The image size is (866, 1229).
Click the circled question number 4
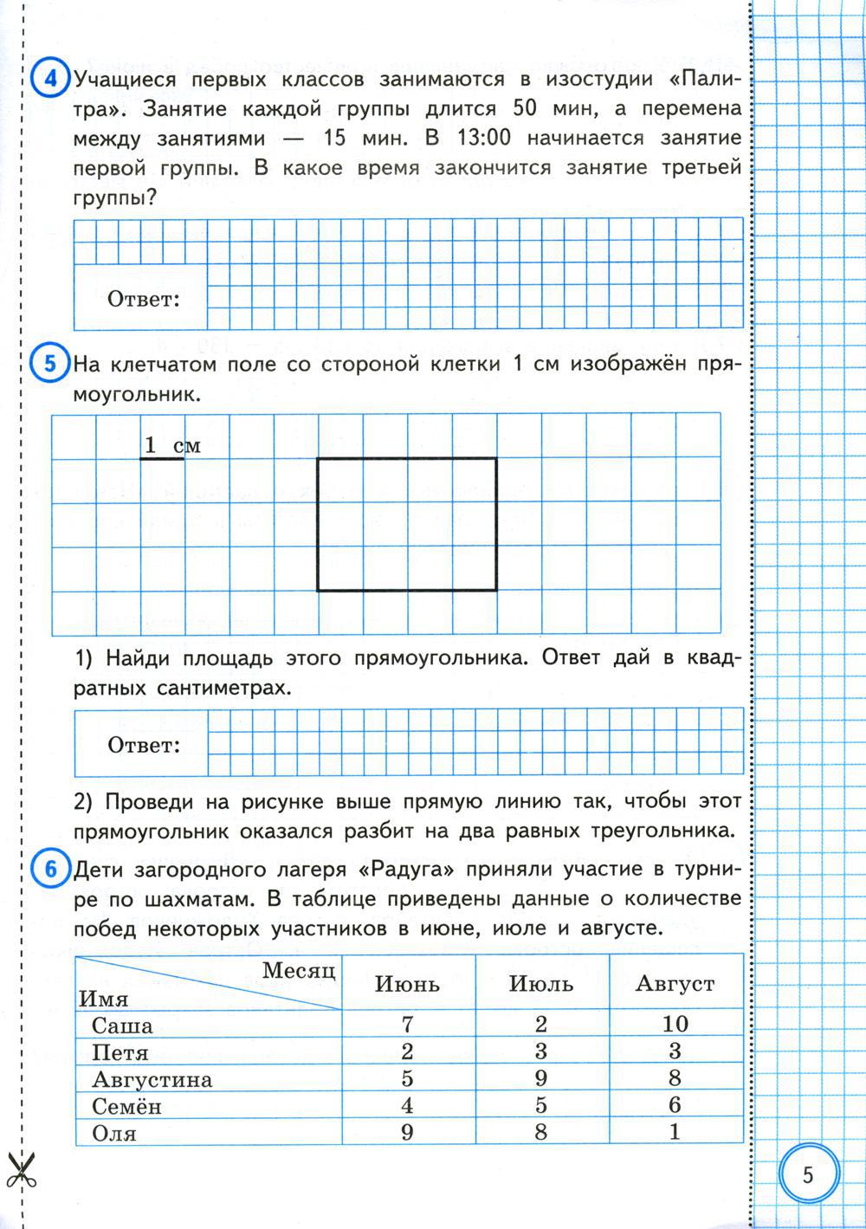(49, 79)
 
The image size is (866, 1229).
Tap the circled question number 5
(49, 363)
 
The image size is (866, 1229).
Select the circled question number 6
(49, 869)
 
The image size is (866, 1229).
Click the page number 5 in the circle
(808, 1175)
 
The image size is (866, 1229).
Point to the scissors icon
(18, 1171)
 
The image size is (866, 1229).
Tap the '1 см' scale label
(171, 445)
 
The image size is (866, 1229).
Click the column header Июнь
(407, 984)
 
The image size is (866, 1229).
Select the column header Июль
(541, 984)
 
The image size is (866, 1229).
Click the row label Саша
(122, 1025)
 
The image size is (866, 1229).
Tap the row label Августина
(152, 1079)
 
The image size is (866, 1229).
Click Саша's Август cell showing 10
(675, 1024)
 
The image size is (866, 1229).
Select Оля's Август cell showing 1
(675, 1131)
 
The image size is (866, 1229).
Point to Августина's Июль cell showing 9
(541, 1078)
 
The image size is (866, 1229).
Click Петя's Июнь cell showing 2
(407, 1051)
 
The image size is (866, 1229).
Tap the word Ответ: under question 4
(143, 300)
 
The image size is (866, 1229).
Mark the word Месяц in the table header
(298, 970)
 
